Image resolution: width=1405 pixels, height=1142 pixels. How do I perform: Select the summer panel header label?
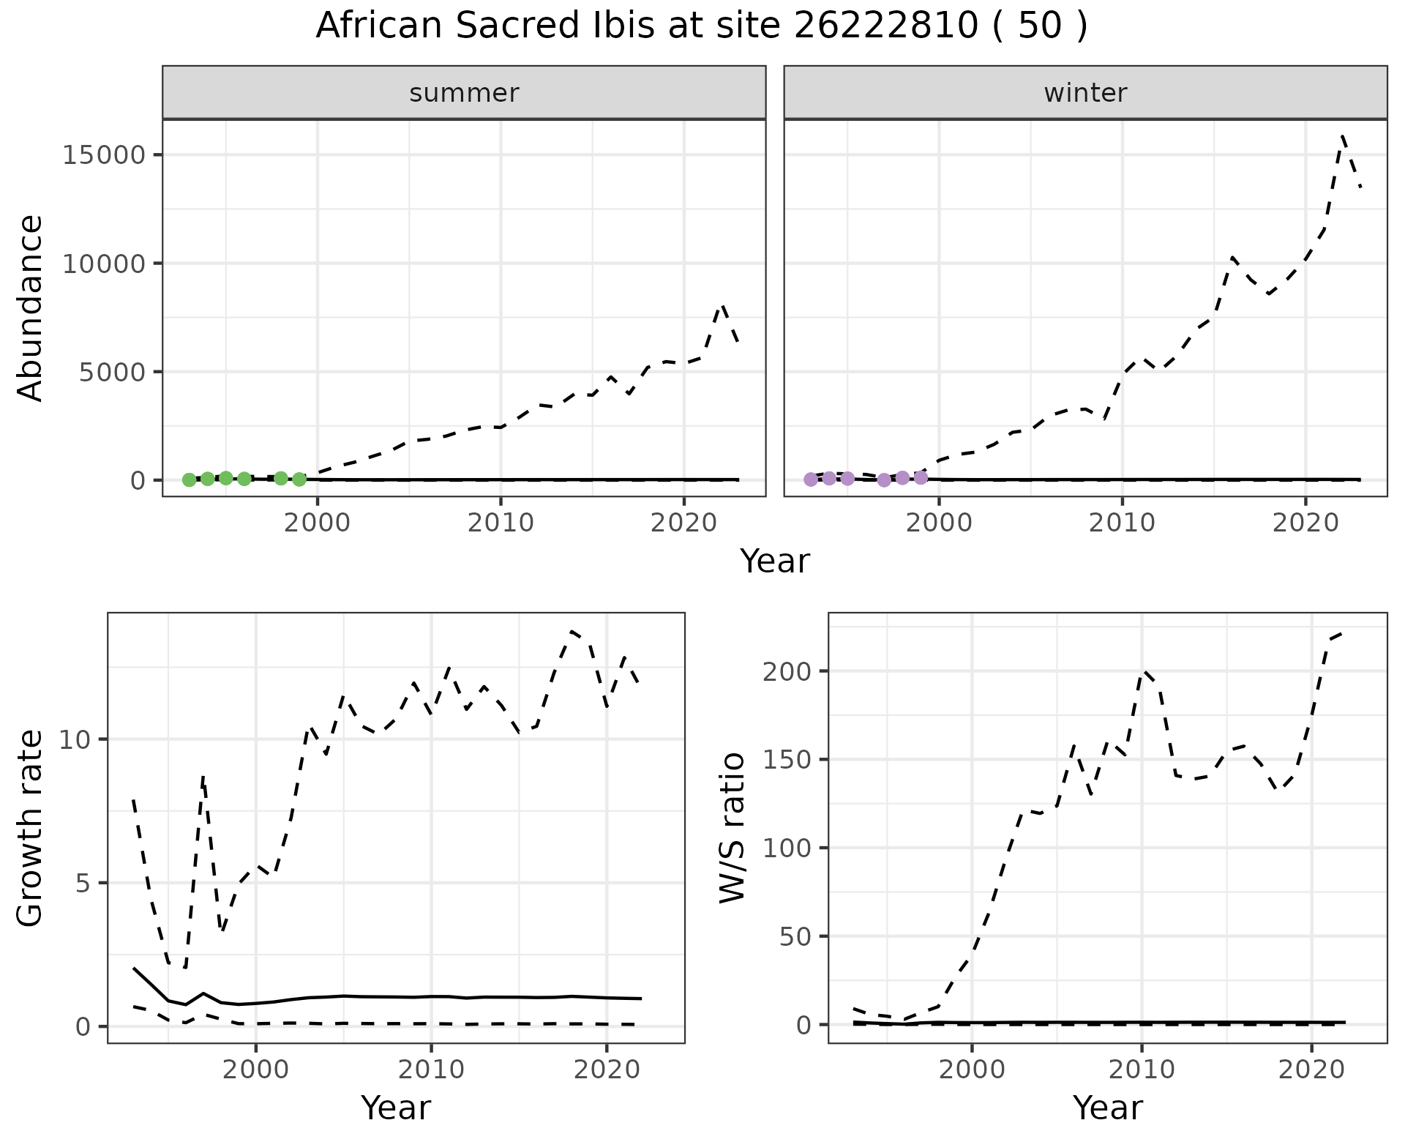click(464, 93)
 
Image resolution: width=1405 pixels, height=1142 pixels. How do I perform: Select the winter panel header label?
click(1085, 93)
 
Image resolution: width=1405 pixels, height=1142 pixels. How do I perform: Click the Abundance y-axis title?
click(31, 307)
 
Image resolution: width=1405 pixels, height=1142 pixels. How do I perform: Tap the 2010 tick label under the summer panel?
click(501, 523)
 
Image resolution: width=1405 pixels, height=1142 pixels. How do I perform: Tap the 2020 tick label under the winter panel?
click(1305, 523)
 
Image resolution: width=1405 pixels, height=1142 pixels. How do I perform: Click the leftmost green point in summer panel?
click(189, 480)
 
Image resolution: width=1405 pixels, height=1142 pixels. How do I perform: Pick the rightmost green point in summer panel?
click(299, 479)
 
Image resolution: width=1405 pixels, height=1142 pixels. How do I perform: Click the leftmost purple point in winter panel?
click(810, 479)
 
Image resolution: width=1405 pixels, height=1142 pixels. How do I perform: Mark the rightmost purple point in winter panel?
click(921, 478)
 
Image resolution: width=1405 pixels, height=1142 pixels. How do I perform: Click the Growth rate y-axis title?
click(31, 828)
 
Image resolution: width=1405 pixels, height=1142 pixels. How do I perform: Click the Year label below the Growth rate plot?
click(396, 1108)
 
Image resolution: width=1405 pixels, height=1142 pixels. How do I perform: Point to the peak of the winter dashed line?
click(1343, 136)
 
